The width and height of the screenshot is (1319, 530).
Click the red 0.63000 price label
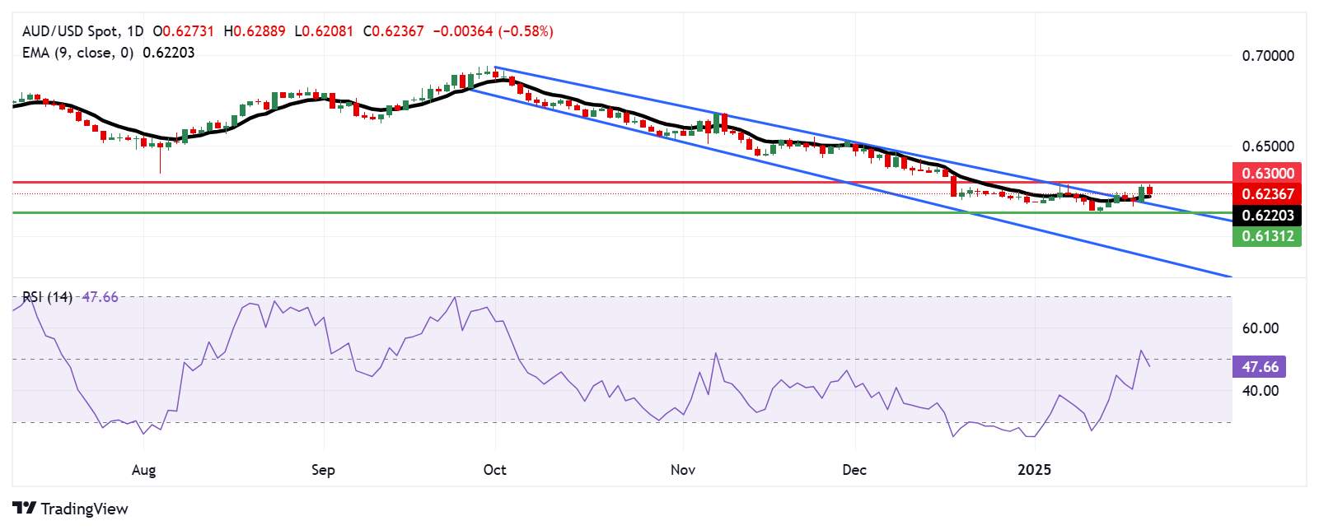pos(1268,173)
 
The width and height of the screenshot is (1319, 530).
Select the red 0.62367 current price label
pos(1268,194)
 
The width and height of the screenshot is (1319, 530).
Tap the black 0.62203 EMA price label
pos(1268,216)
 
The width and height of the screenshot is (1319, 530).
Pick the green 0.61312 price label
pos(1268,236)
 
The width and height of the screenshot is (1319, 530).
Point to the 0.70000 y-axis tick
pos(1268,56)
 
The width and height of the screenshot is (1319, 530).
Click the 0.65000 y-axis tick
pos(1268,146)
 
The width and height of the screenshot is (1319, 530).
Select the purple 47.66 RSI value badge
pos(1260,367)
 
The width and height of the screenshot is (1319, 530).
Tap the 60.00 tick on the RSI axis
pos(1261,328)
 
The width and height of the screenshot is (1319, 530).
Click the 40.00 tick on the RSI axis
pos(1261,391)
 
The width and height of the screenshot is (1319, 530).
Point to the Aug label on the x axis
pos(143,470)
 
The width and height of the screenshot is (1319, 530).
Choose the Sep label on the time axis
pos(323,470)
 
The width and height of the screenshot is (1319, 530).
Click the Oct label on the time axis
pos(494,470)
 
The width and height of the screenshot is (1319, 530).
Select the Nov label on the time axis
pos(683,470)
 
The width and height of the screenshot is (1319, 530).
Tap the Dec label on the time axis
pos(854,470)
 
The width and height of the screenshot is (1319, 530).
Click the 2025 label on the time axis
pos(1034,470)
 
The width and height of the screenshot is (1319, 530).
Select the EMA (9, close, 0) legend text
pos(77,53)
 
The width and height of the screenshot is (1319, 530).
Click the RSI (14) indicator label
pos(47,297)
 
